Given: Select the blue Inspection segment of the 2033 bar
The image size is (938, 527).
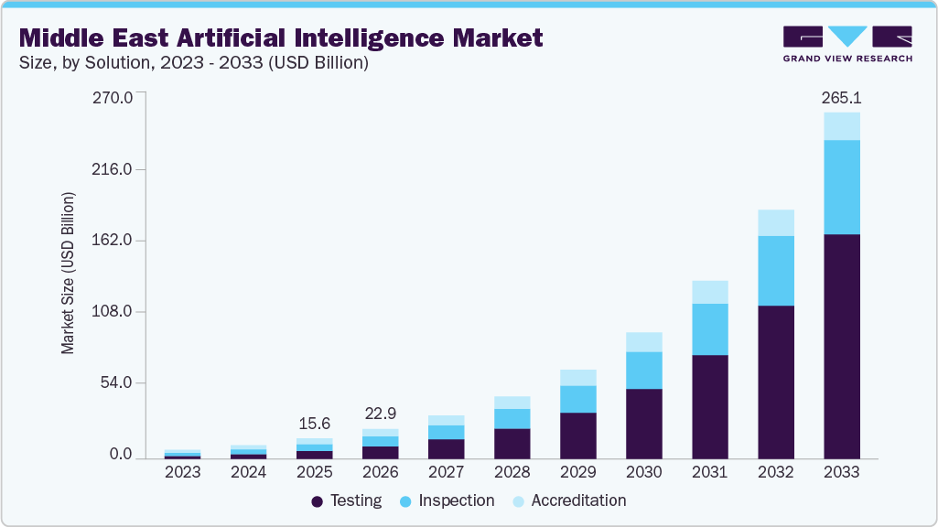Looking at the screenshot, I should pyautogui.click(x=841, y=187).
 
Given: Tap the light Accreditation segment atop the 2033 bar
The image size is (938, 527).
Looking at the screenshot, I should pyautogui.click(x=841, y=126).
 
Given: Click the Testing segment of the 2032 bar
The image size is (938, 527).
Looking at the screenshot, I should pyautogui.click(x=775, y=382).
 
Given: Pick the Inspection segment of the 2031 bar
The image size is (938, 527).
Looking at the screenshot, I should pyautogui.click(x=709, y=329).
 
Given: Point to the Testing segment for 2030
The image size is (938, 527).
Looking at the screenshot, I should pyautogui.click(x=643, y=424).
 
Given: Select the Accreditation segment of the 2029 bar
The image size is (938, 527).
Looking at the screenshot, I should pyautogui.click(x=577, y=378).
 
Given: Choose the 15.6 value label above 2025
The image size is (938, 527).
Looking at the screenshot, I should pyautogui.click(x=314, y=424).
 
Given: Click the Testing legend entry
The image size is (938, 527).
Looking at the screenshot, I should pyautogui.click(x=347, y=500).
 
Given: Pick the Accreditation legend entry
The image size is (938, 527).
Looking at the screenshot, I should pyautogui.click(x=568, y=500).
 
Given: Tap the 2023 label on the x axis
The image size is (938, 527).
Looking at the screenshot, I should pyautogui.click(x=182, y=472).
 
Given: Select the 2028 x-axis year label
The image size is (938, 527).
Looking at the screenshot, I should pyautogui.click(x=512, y=472).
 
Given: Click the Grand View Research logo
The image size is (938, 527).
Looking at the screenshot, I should pyautogui.click(x=846, y=44).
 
